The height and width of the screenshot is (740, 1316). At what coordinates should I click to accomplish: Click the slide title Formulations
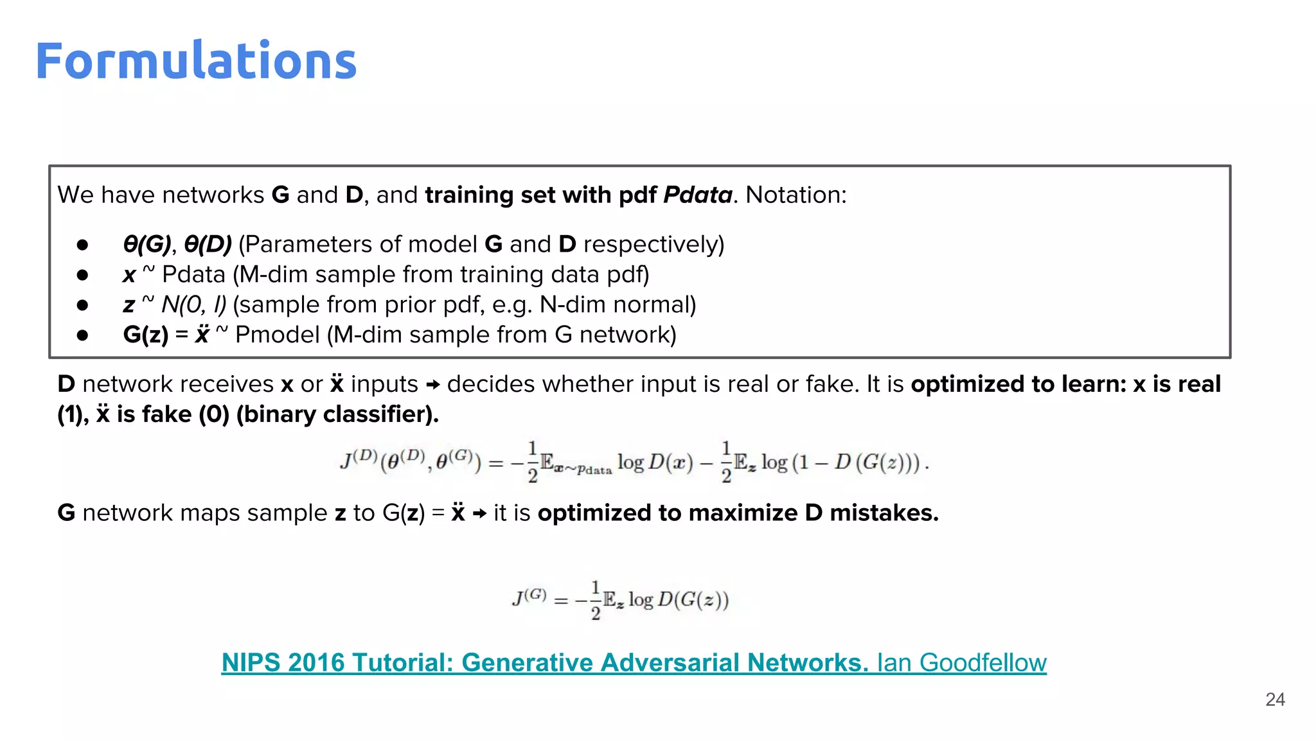point(196,61)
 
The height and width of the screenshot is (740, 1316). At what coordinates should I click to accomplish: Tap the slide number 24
point(1275,700)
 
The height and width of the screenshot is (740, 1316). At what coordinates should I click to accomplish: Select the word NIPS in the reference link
point(251,663)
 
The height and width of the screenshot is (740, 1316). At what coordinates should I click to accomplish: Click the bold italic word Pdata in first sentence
point(697,195)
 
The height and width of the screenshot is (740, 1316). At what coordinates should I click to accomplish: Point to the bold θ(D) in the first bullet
point(208,244)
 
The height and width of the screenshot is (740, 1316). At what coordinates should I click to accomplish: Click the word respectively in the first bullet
point(654,244)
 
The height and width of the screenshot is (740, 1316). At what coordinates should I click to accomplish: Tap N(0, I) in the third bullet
point(193,304)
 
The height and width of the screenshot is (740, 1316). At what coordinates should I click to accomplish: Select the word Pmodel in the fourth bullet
point(277,335)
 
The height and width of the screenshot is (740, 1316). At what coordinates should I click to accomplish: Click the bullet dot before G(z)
point(82,335)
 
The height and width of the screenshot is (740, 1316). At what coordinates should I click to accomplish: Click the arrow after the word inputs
point(433,385)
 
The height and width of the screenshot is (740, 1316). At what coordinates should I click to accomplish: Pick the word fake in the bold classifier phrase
point(167,414)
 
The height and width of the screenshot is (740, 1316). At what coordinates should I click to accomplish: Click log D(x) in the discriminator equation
point(655,462)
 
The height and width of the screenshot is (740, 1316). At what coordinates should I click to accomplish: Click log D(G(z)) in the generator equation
point(679,600)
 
